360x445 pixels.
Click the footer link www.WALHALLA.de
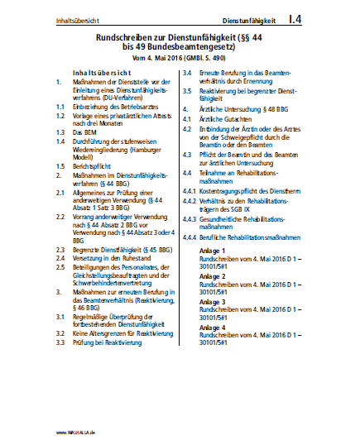[x=77, y=433]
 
